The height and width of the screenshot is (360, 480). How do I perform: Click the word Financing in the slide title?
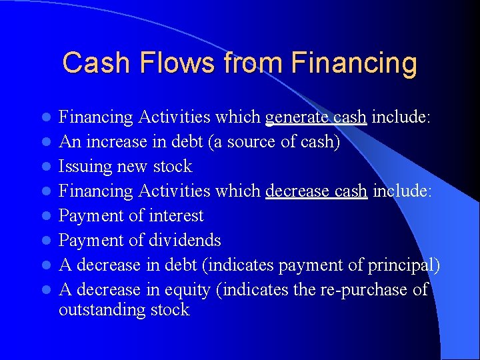[x=354, y=64]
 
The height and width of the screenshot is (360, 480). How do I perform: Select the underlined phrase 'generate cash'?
[x=316, y=117]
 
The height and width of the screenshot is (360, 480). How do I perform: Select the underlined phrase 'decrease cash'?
[x=316, y=191]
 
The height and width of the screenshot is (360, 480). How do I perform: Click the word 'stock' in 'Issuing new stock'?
[x=173, y=167]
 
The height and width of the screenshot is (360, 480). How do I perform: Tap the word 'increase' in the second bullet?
[x=113, y=142]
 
